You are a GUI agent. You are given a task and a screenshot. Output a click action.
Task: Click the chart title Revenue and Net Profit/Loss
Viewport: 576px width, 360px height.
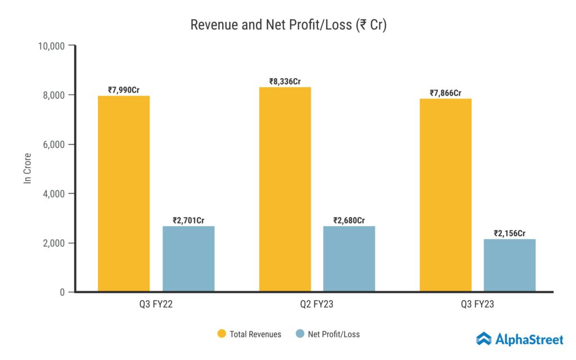point(288,25)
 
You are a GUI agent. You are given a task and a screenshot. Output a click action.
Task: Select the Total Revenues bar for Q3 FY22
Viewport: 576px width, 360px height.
point(124,194)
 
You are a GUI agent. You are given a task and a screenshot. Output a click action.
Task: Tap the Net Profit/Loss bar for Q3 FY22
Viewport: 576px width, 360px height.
point(188,259)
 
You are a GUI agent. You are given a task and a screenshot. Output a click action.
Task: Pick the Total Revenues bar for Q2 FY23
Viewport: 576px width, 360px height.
point(285,190)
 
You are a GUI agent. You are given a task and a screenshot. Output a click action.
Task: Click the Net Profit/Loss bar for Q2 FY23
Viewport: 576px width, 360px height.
point(349,259)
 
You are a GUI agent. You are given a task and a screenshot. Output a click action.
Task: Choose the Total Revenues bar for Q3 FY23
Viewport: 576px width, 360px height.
point(445,195)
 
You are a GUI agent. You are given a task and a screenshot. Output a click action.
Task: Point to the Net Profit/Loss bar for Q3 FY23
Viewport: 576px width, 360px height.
point(510,265)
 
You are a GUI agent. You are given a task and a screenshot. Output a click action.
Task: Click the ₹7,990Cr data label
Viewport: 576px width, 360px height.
point(124,89)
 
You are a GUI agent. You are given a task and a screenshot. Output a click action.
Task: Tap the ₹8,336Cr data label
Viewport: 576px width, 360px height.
point(285,81)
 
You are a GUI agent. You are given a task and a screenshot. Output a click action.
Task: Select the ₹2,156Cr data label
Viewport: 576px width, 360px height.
point(510,233)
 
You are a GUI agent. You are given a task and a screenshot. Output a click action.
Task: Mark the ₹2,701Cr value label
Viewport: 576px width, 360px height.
point(188,220)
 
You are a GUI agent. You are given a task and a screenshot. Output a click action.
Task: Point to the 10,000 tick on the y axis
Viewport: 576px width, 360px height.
point(51,46)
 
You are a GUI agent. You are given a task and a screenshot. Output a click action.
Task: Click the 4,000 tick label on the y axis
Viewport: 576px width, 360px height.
point(54,193)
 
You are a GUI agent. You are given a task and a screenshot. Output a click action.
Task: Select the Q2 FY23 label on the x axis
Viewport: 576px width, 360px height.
point(317,305)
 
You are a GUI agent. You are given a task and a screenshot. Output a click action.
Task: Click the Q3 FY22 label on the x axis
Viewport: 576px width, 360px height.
point(156,305)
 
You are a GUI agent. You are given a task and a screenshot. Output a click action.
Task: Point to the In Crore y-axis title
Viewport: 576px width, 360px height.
point(27,168)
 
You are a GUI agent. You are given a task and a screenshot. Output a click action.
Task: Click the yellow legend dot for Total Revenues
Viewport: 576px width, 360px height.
point(221,334)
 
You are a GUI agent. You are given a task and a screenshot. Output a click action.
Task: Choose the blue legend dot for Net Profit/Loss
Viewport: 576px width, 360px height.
point(299,334)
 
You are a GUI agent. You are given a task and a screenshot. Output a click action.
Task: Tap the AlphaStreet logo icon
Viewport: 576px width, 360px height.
point(484,339)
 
